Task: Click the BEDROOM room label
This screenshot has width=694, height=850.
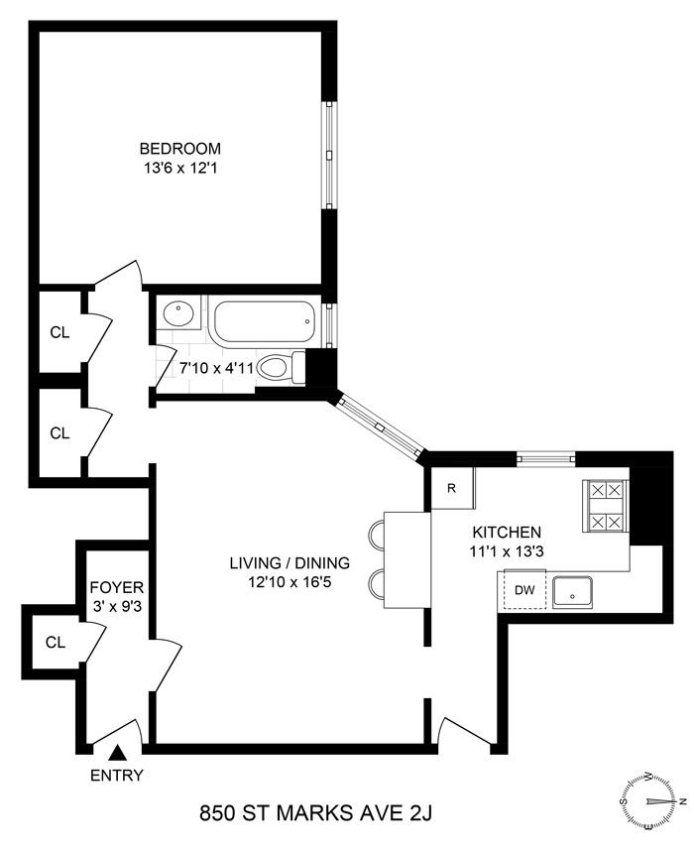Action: click(179, 148)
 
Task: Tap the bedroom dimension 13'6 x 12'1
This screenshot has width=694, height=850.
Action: click(179, 168)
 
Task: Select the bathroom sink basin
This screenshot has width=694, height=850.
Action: click(178, 313)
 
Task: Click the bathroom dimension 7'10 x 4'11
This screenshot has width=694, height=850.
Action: click(216, 369)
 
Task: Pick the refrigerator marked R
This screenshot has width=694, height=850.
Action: click(452, 488)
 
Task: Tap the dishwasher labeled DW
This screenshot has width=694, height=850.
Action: click(523, 590)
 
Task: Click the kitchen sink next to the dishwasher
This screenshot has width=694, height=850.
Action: click(573, 591)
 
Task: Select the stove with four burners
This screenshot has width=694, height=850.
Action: click(606, 506)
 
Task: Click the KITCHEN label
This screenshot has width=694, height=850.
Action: click(507, 532)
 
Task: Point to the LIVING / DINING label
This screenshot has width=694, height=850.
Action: click(289, 562)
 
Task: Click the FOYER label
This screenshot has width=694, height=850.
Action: click(116, 587)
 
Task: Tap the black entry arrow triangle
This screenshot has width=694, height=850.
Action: click(117, 753)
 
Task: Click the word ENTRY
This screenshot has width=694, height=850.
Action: click(116, 776)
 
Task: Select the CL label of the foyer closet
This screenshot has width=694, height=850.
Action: click(56, 643)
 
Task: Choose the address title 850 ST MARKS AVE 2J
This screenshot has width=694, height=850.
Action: click(316, 813)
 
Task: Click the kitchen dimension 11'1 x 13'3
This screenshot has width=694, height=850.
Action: click(507, 551)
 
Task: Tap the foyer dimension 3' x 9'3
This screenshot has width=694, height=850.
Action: click(116, 606)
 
